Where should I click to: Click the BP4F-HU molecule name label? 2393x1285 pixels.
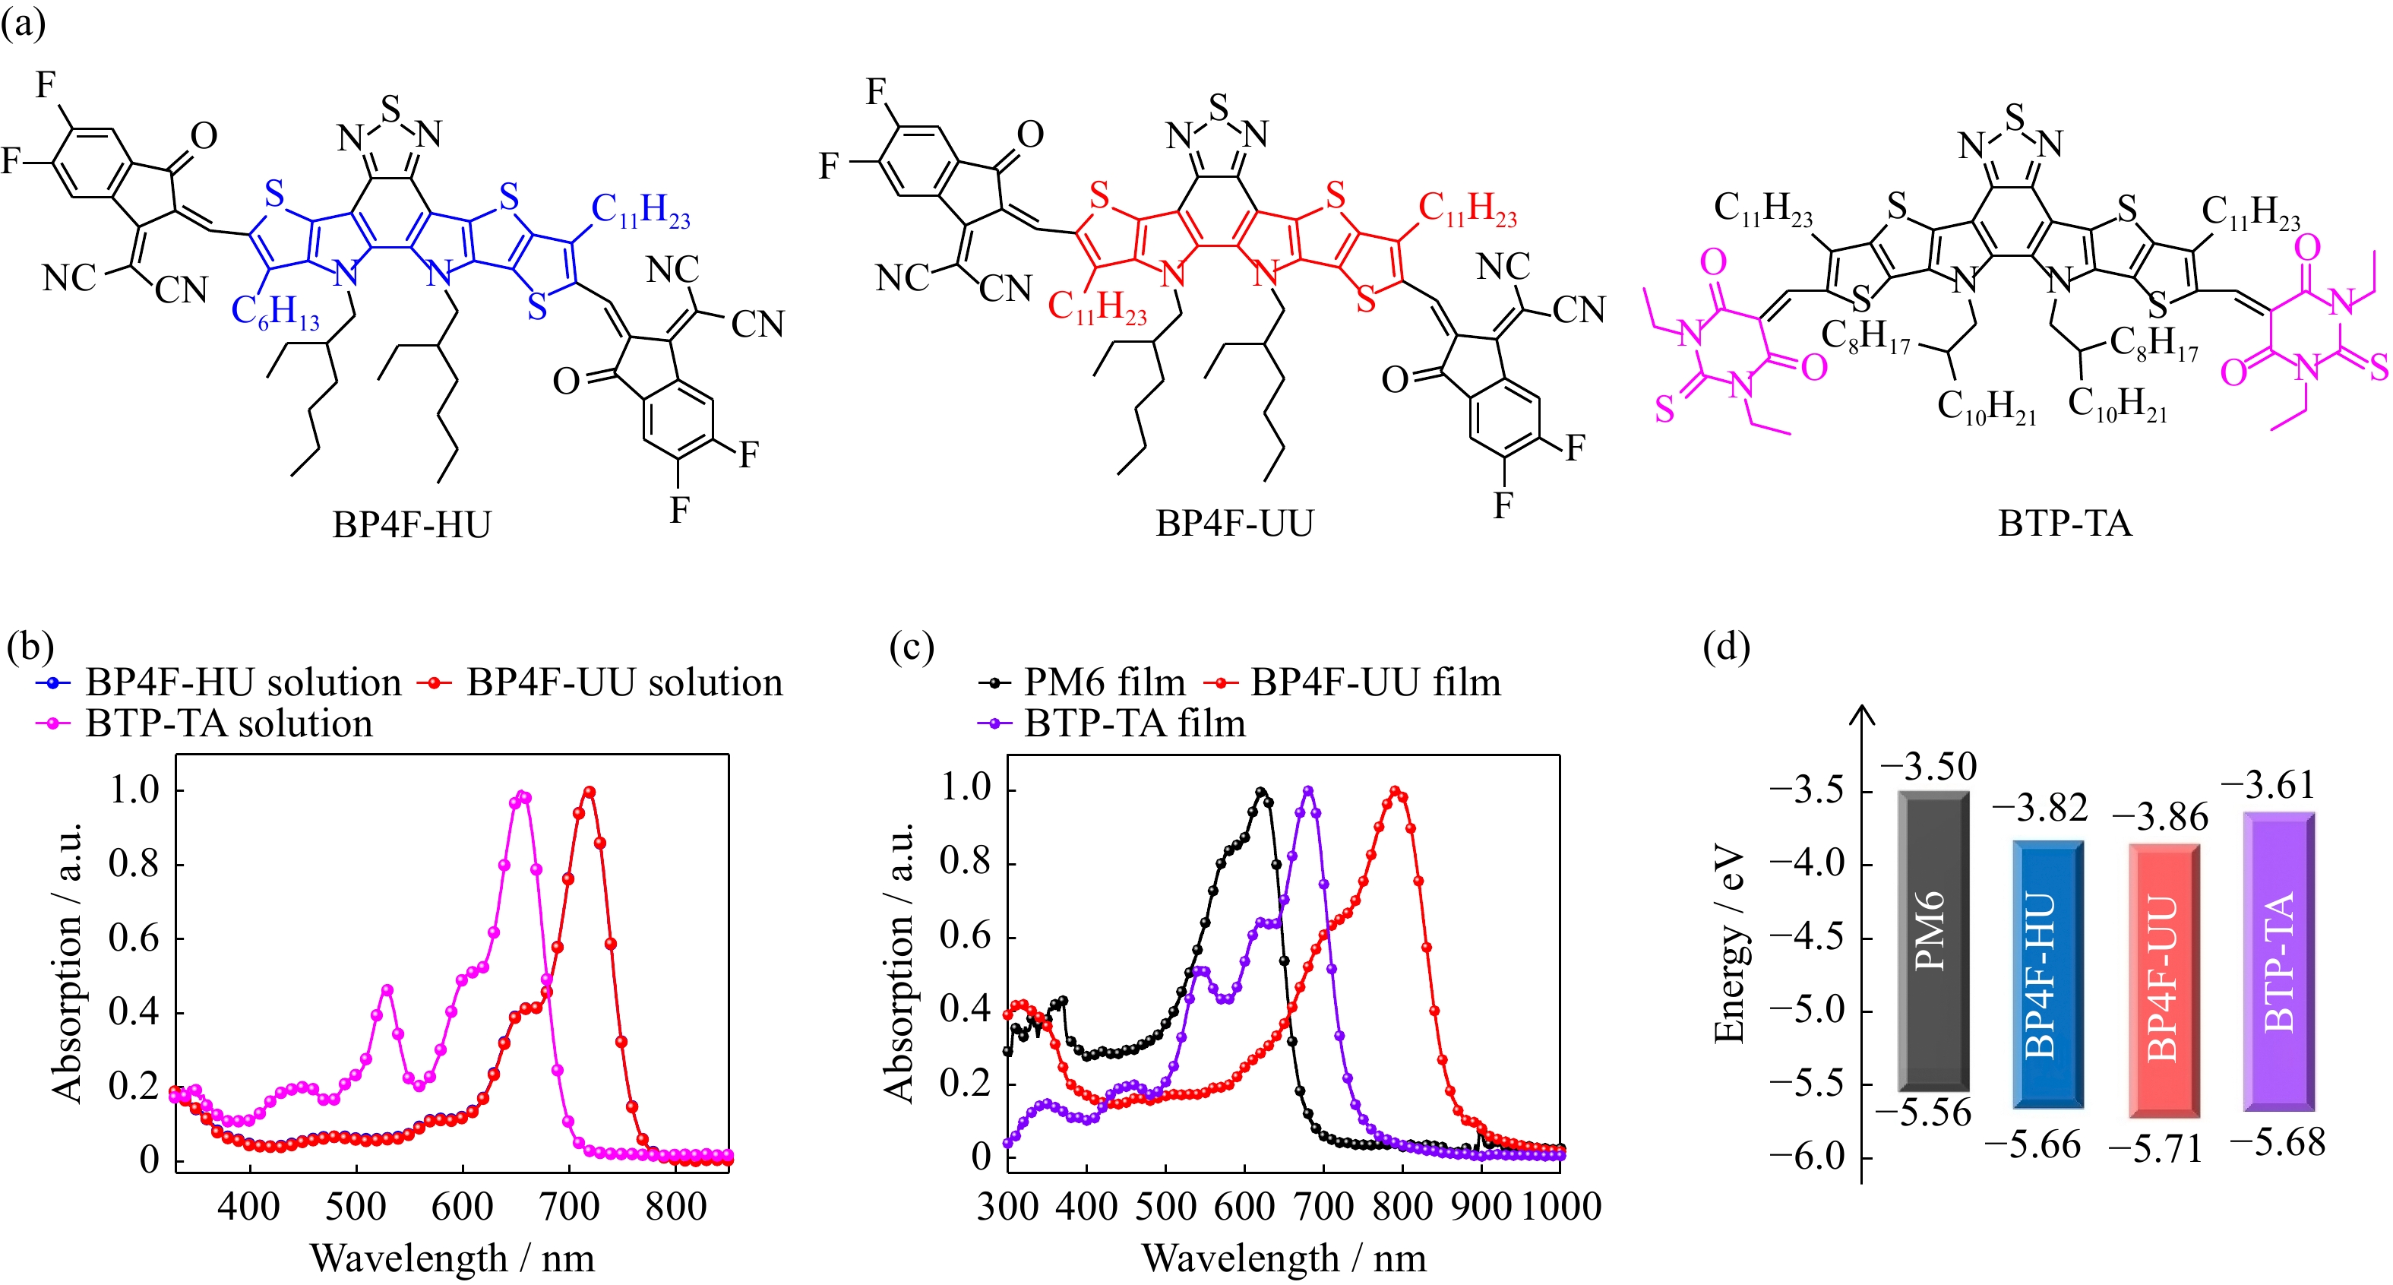coord(412,525)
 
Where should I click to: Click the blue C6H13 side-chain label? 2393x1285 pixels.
coord(275,312)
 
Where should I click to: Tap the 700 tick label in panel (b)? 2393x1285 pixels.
coord(570,1207)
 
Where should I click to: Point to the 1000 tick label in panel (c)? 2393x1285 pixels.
coord(1560,1207)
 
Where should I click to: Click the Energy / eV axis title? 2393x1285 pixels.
coord(1730,943)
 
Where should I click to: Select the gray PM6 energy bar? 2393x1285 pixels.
coord(1933,940)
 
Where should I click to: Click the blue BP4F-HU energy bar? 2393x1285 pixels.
coord(2047,973)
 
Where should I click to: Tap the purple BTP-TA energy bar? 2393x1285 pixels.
coord(2279,961)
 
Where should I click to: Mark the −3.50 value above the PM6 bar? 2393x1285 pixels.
coord(1929,768)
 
